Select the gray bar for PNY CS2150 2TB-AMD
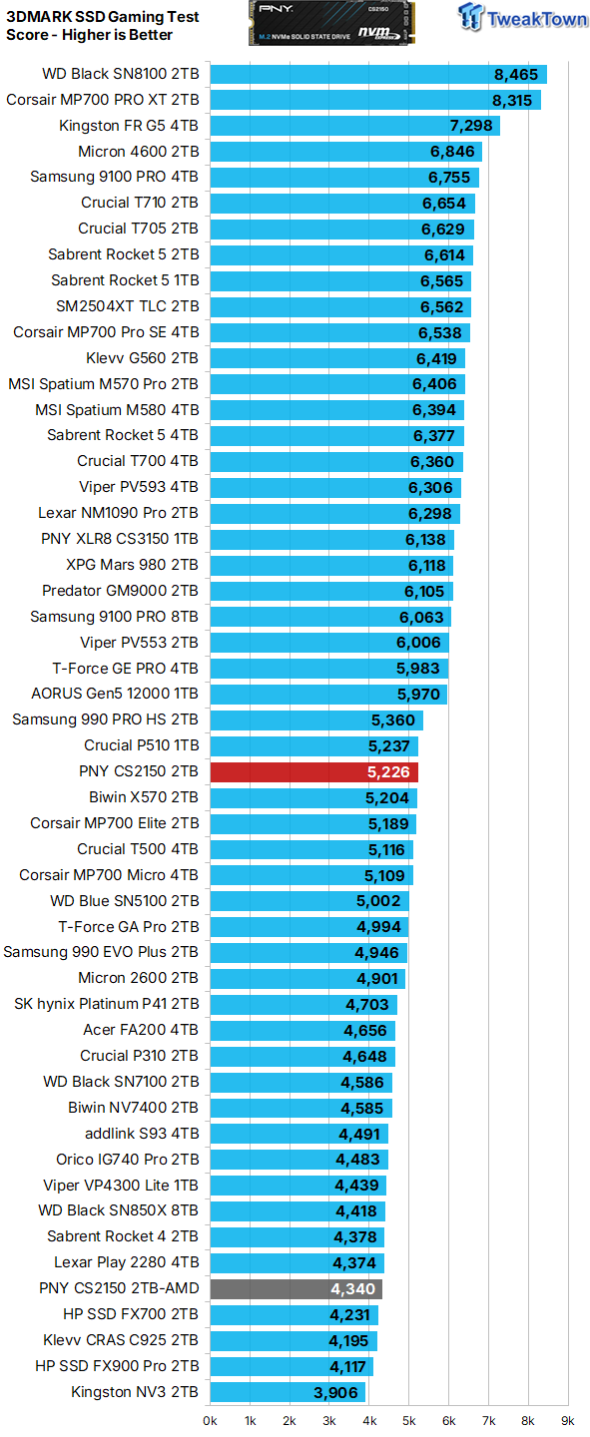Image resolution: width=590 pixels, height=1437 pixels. pyautogui.click(x=295, y=1288)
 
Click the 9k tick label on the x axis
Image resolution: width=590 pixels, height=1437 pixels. pyautogui.click(x=567, y=1419)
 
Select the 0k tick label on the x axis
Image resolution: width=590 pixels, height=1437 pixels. pyautogui.click(x=211, y=1419)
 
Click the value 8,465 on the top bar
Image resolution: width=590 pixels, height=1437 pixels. pyautogui.click(x=515, y=74)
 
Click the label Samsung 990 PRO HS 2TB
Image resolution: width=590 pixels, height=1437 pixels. pyautogui.click(x=105, y=719)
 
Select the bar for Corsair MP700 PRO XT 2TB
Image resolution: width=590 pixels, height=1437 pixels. pyautogui.click(x=374, y=100)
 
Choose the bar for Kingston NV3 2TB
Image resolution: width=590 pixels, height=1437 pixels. pyautogui.click(x=288, y=1392)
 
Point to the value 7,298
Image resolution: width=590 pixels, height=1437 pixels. pyautogui.click(x=471, y=126)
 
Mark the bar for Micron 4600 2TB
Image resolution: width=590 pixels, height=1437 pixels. pyautogui.click(x=345, y=152)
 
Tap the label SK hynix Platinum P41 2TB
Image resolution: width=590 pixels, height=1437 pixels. pyautogui.click(x=106, y=1004)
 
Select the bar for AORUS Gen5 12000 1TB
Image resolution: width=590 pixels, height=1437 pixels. pyautogui.click(x=328, y=694)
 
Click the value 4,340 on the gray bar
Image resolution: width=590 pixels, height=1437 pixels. pyautogui.click(x=353, y=1288)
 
